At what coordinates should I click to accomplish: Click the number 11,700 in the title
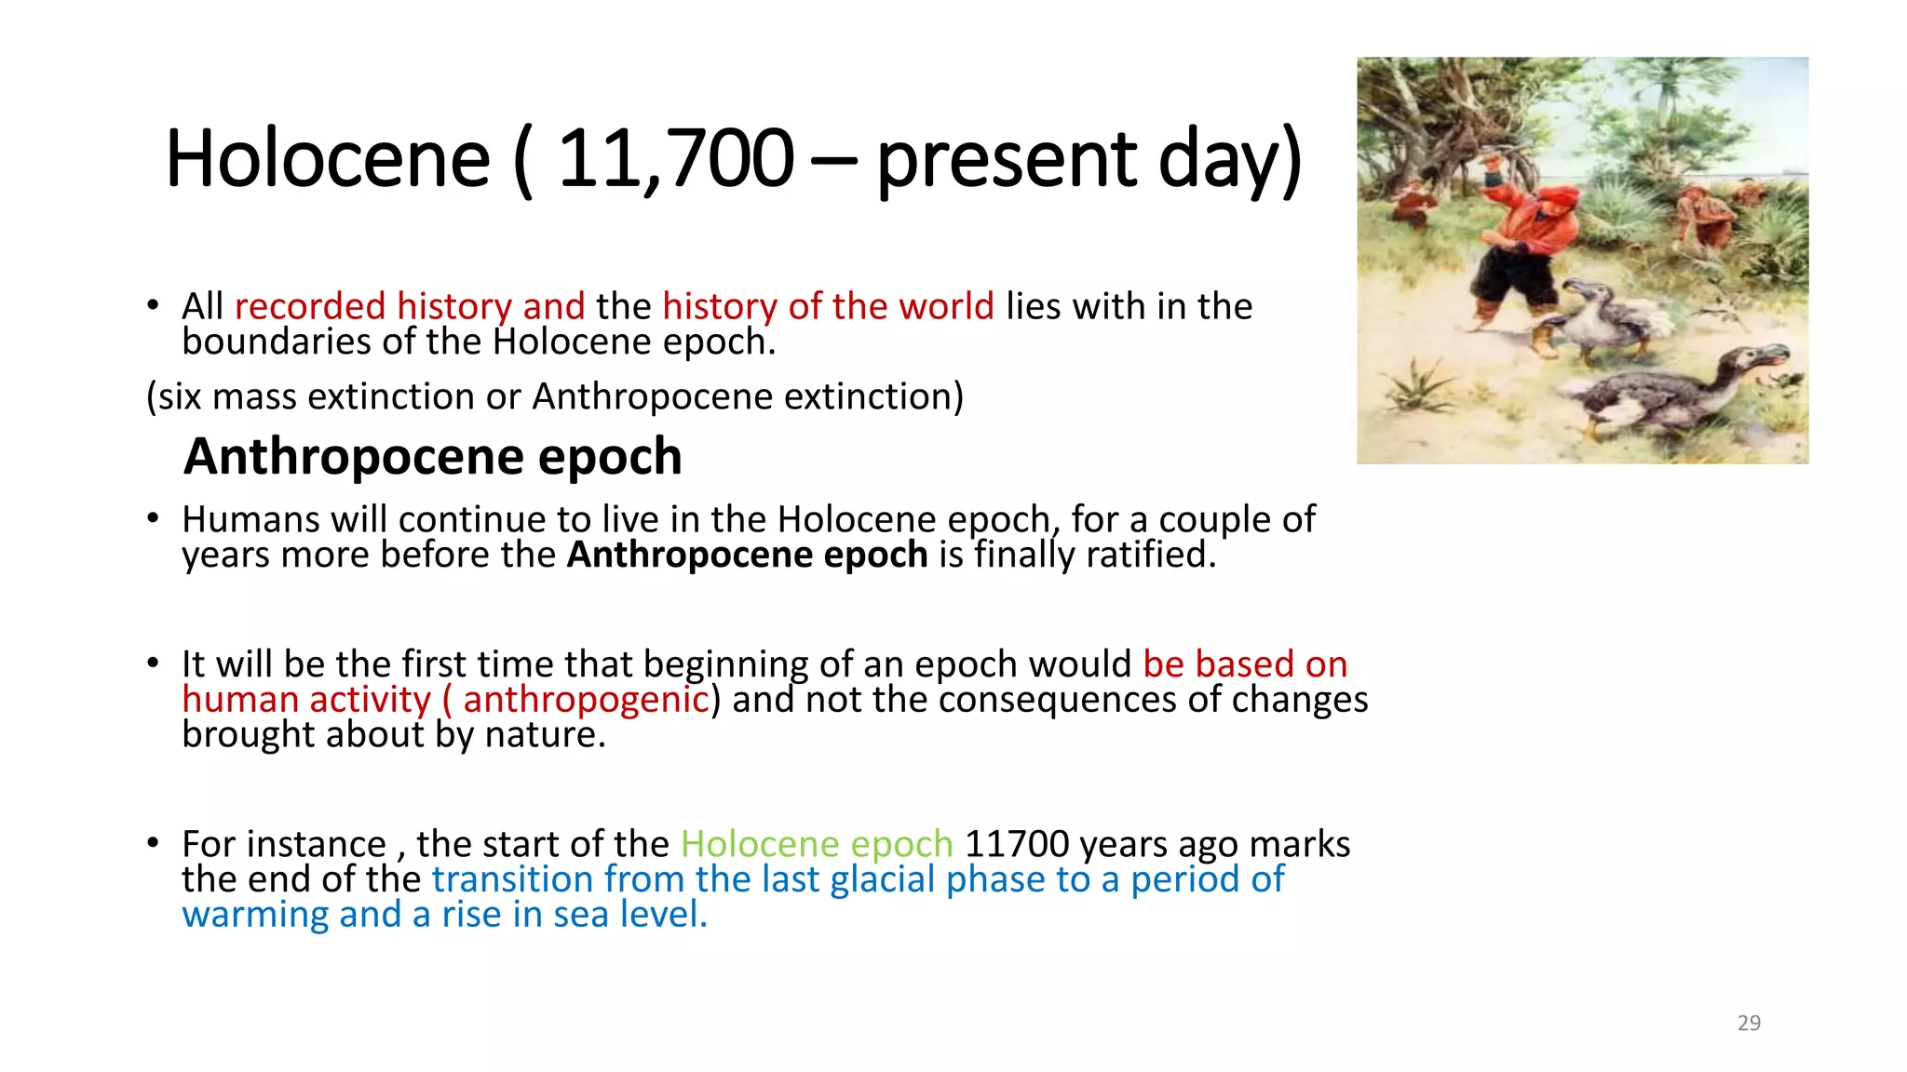(x=675, y=158)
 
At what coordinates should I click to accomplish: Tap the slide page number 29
(x=1749, y=1023)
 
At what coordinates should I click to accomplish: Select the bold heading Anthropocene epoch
(x=433, y=456)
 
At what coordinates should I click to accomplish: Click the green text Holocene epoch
(x=817, y=844)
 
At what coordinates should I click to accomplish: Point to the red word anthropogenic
(x=586, y=700)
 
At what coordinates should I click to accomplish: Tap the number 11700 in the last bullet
(x=1017, y=844)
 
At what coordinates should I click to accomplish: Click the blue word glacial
(x=882, y=879)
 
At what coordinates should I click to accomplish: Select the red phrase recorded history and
(x=410, y=306)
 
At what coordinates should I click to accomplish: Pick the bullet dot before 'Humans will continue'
(x=154, y=518)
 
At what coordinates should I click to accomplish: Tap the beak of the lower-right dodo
(x=1774, y=357)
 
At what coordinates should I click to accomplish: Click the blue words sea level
(x=629, y=915)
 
